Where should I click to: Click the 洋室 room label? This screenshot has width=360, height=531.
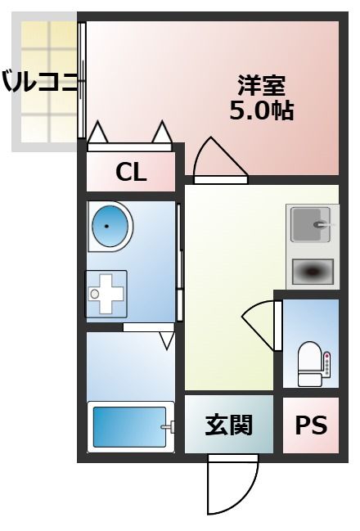[x=261, y=85]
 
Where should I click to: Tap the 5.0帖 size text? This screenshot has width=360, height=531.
[x=261, y=110]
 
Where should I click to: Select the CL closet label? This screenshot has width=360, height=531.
[x=131, y=172]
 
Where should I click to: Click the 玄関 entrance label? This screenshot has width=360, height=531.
[x=228, y=425]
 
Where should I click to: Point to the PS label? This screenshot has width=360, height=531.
[x=311, y=425]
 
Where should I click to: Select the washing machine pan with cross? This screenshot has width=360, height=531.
[x=106, y=293]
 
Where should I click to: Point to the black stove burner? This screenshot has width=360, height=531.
[x=313, y=271]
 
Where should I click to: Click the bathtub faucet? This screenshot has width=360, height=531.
[x=168, y=426]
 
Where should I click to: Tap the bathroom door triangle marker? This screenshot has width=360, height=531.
[x=168, y=339]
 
